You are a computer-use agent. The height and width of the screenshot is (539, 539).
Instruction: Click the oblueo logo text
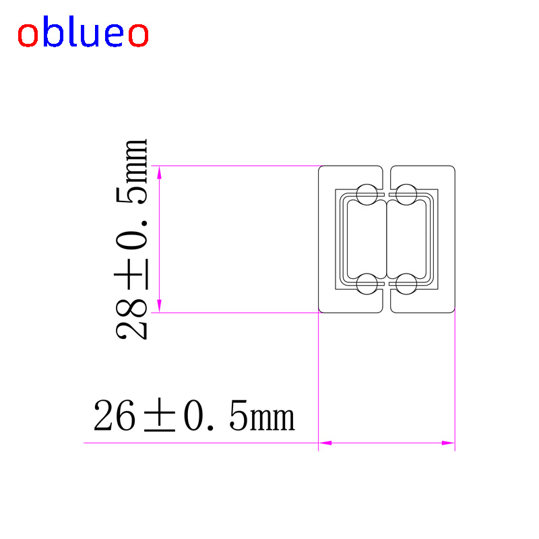(x=83, y=32)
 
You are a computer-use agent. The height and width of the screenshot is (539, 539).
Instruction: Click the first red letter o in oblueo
(x=28, y=35)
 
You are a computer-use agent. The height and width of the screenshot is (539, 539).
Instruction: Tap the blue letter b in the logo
(x=53, y=31)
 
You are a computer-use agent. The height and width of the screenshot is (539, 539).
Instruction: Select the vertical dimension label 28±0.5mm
(x=131, y=239)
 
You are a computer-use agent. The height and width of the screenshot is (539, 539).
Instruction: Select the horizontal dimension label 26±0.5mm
(x=194, y=415)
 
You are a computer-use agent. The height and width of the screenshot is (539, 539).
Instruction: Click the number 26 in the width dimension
(x=115, y=415)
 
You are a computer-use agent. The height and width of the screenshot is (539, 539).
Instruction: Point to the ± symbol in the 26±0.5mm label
(x=160, y=415)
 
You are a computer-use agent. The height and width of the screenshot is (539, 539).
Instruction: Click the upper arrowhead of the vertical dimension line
(x=159, y=172)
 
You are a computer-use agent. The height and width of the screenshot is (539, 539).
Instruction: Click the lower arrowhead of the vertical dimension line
(x=159, y=306)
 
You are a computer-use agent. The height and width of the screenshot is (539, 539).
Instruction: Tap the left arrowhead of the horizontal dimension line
(x=325, y=443)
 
